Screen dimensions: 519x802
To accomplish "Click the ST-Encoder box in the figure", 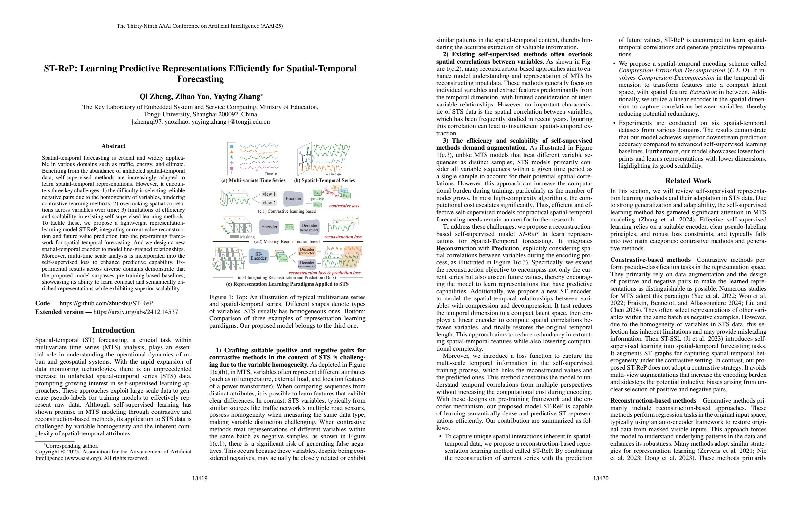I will (258, 256).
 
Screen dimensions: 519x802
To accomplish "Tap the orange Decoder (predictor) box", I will (307, 251).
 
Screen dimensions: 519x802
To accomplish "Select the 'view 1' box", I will (269, 194).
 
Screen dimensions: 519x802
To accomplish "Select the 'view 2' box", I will (269, 203).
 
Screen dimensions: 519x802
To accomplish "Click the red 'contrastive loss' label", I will (344, 206).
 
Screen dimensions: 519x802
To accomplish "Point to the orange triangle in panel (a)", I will (232, 152).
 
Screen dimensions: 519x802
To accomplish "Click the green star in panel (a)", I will (232, 157).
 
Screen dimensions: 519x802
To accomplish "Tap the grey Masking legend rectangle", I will (234, 237).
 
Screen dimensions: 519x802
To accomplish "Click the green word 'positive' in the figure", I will (317, 199).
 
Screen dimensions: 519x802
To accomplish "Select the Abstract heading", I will (113, 146).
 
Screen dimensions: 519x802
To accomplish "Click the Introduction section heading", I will (113, 330).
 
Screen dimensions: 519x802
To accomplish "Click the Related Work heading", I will (688, 181).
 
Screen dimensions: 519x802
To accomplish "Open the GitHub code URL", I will (106, 303).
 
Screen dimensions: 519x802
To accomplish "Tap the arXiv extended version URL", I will (135, 312).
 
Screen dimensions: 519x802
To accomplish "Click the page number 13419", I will (200, 479).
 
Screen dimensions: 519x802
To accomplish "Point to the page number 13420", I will (601, 479).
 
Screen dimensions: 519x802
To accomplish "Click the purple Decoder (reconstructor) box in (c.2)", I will (309, 227).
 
